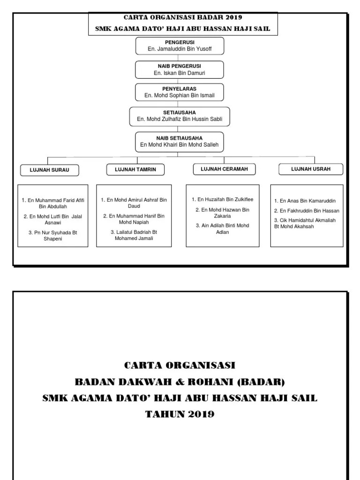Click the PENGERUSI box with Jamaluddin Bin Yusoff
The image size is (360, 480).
[180, 46]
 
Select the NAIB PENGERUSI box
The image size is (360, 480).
[180, 69]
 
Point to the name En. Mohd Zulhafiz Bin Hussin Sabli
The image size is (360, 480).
[180, 119]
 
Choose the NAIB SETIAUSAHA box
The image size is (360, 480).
[180, 142]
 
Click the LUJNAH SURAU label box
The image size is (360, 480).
[49, 170]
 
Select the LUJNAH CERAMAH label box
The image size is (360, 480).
[221, 169]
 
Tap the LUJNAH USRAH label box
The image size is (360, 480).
[310, 169]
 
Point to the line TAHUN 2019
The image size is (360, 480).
[180, 414]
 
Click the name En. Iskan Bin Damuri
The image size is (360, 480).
[180, 74]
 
